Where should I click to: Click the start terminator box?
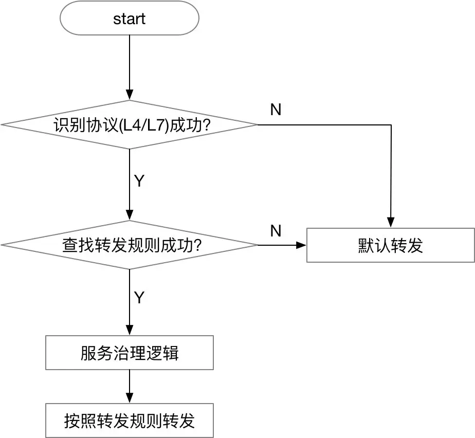129,19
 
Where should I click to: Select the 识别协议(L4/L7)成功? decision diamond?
129,125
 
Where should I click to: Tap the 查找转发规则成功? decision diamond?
129,245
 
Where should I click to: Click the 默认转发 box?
390,245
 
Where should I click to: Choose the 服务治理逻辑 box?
129,353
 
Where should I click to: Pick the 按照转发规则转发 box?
129,421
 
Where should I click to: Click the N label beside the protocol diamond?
276,110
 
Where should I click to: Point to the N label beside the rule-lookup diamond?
276,231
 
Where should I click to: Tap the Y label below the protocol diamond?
139,181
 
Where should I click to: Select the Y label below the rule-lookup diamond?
139,298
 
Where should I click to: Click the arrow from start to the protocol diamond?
129,67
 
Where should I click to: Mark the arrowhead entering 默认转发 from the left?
302,245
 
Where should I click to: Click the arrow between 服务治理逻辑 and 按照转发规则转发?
129,387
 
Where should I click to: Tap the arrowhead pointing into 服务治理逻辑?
129,331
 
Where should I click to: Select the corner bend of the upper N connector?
391,125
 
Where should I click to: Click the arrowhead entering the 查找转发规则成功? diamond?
129,216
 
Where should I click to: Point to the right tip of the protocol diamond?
257,125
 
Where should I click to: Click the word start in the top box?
129,19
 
